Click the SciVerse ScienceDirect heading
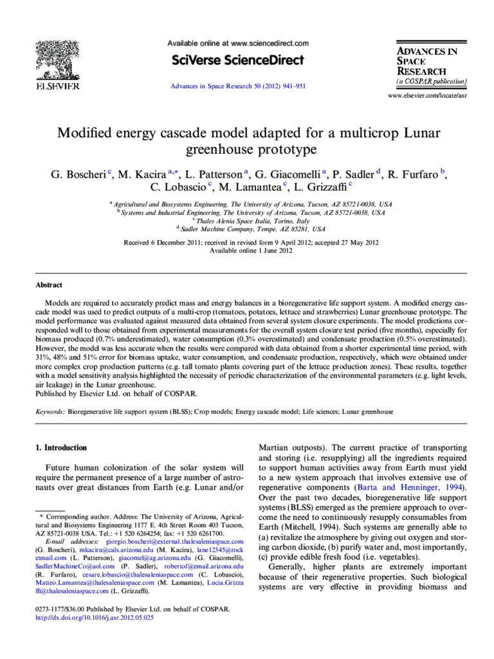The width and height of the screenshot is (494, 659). pyautogui.click(x=238, y=60)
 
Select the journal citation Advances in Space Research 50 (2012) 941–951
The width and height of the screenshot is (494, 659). pyautogui.click(x=238, y=86)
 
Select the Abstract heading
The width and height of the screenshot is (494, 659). pyautogui.click(x=49, y=285)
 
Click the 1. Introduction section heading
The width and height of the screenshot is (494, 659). pyautogui.click(x=61, y=447)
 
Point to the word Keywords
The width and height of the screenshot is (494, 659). pyautogui.click(x=50, y=411)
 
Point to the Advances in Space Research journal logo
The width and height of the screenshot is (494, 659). pyautogui.click(x=430, y=64)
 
